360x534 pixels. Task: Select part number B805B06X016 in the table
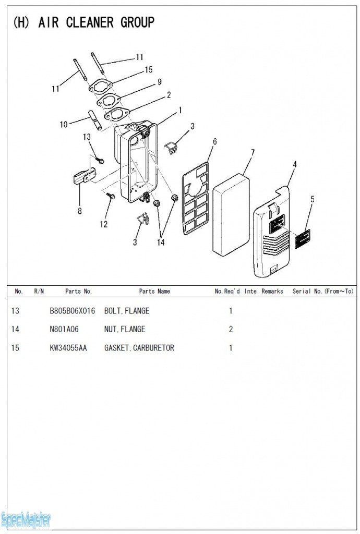coord(73,311)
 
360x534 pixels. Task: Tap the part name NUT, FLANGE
coord(125,329)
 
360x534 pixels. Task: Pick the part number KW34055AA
coord(68,348)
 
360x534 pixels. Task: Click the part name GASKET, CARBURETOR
coord(139,348)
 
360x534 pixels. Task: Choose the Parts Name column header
coord(154,291)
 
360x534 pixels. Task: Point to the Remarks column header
coord(272,291)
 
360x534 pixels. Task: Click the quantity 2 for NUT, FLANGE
coord(231,329)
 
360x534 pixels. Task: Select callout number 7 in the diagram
coord(253,152)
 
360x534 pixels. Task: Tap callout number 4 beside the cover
coord(295,164)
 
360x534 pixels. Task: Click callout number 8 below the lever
coord(79,211)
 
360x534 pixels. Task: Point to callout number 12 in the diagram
coord(104,224)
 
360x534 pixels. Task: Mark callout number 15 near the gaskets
coord(149,69)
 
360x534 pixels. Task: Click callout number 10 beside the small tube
coord(64,124)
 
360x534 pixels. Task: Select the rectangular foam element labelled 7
coord(231,214)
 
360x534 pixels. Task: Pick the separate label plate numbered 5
coord(303,238)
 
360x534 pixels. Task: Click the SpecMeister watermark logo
coord(26,519)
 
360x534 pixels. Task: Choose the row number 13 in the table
coord(15,311)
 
